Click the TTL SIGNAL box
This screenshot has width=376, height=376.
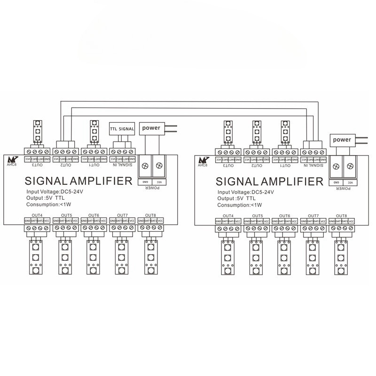click(122, 128)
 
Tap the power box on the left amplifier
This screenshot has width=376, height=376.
click(151, 127)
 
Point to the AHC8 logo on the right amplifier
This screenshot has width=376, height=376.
click(203, 161)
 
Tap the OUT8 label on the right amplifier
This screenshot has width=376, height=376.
click(342, 215)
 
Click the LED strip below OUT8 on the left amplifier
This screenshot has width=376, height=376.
click(150, 258)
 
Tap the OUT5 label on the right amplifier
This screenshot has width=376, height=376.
click(257, 215)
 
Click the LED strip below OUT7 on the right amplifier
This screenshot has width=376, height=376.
click(313, 258)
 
